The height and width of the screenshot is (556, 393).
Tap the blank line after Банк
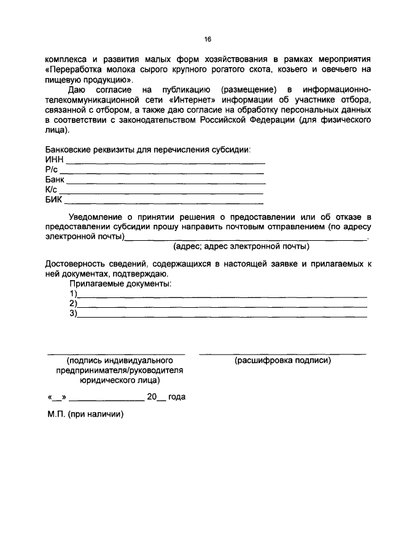pyautogui.click(x=165, y=184)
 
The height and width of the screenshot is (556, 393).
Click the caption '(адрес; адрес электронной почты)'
pyautogui.click(x=241, y=246)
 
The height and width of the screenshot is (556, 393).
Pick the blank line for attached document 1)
pyautogui.click(x=221, y=297)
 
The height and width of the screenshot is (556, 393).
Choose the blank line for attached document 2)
pyautogui.click(x=221, y=307)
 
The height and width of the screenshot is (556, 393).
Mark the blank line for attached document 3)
pyautogui.click(x=221, y=316)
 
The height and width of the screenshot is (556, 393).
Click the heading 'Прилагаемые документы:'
pyautogui.click(x=120, y=284)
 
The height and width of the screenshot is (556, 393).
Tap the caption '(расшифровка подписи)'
pyautogui.click(x=282, y=361)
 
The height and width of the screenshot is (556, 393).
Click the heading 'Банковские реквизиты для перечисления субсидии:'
pyautogui.click(x=148, y=150)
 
